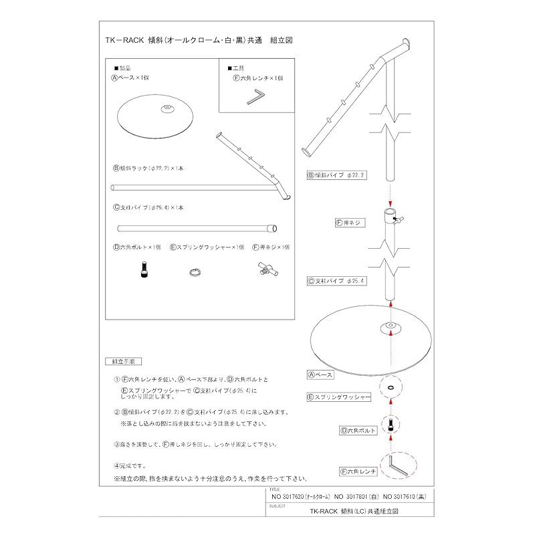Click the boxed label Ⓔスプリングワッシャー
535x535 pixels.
(x=338, y=397)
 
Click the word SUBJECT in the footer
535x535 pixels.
(x=275, y=506)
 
